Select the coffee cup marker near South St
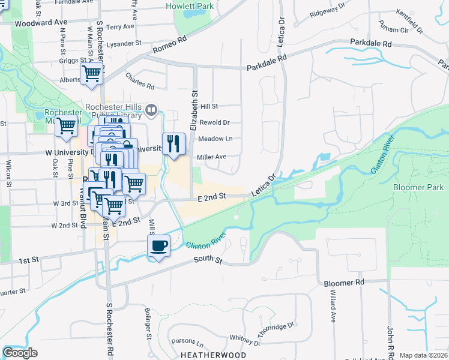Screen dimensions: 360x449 pos(159,246)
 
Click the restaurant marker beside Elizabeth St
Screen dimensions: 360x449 pos(173,144)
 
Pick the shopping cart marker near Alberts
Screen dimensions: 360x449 pos(92,74)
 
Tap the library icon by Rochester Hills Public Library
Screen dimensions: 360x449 pos(151,110)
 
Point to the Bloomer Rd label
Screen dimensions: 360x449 pos(344,281)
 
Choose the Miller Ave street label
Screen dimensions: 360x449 pos(211,157)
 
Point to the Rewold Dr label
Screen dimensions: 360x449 pos(215,122)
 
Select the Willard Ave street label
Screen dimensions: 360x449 pos(332,307)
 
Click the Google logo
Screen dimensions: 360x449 pos(20,353)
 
